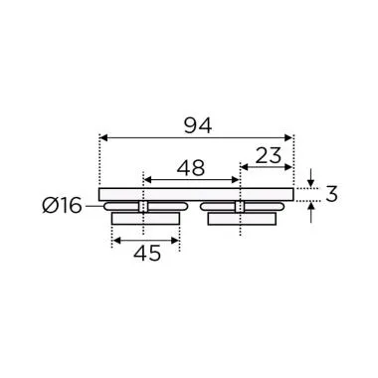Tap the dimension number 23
[x=266, y=155]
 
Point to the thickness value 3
[x=332, y=194]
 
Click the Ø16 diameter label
[x=63, y=207]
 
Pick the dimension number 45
[x=146, y=255]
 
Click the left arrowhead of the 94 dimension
[x=104, y=137]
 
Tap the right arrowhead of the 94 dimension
[x=289, y=137]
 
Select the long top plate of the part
[x=197, y=193]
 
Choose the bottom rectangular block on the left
[x=145, y=219]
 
